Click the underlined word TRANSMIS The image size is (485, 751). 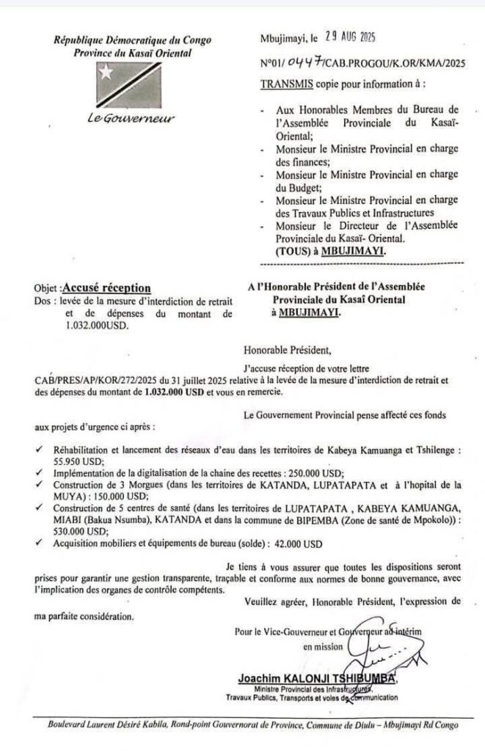click(287, 85)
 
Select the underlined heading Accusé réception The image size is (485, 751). click(107, 288)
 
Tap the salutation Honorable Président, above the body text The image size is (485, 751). click(281, 350)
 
